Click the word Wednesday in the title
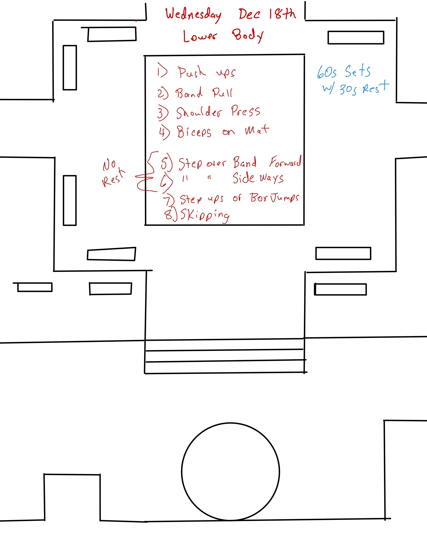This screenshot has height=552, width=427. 193,14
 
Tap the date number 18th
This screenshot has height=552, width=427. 282,14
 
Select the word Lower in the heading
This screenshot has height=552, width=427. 200,36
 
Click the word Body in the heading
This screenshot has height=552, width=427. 247,35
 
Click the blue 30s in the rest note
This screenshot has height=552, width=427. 348,89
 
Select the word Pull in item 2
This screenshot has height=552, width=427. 222,93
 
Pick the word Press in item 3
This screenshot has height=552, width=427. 245,111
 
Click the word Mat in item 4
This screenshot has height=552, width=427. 257,130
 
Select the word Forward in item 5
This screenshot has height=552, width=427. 285,162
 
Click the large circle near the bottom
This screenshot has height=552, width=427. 230,472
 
